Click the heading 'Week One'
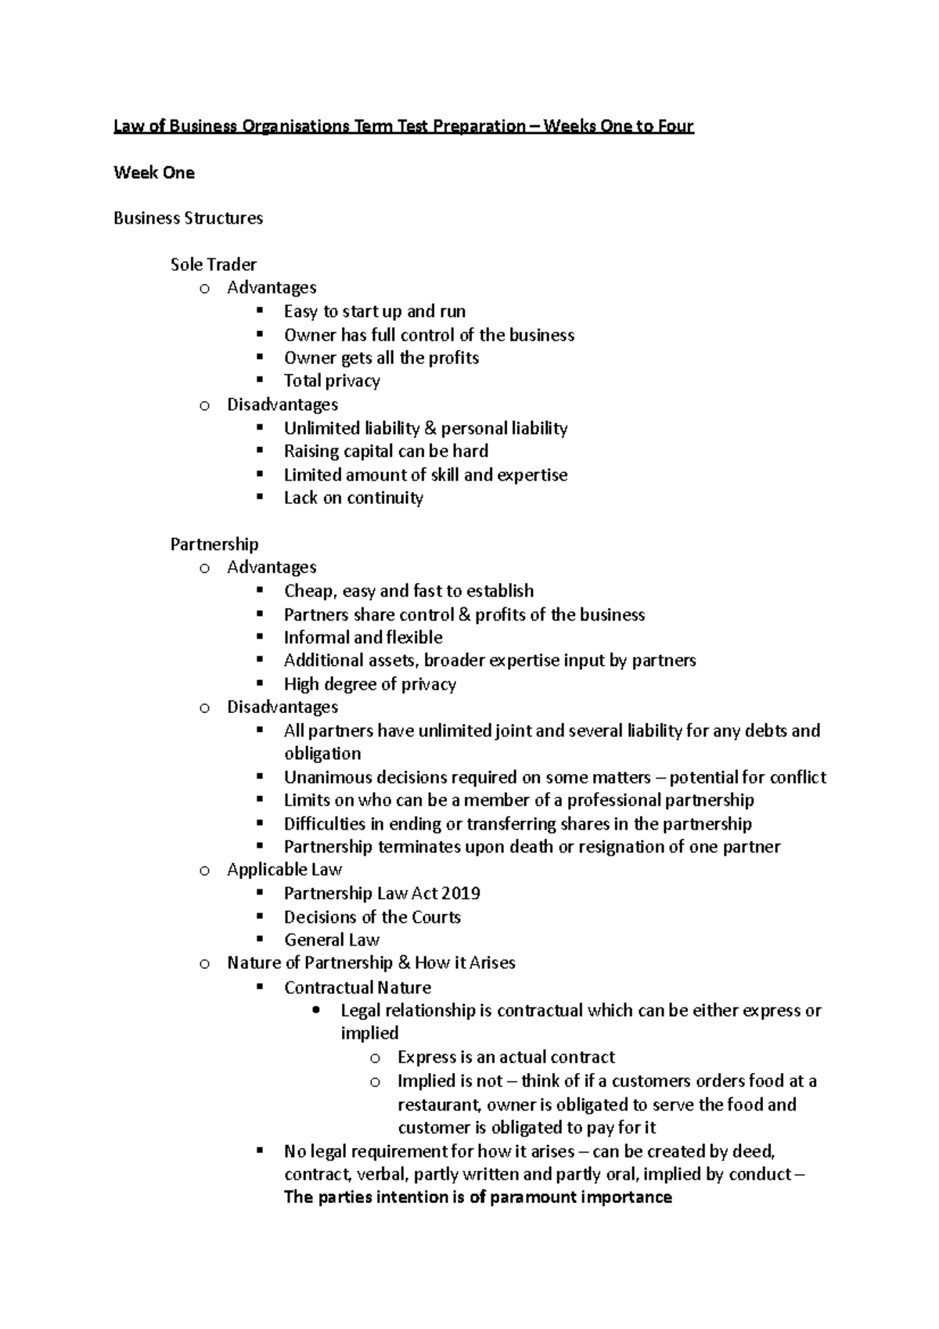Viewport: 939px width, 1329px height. coord(153,173)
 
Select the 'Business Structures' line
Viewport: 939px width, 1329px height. coord(188,218)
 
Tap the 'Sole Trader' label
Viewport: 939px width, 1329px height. coord(213,265)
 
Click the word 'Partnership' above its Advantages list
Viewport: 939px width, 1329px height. coord(214,544)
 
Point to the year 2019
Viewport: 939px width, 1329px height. coord(461,893)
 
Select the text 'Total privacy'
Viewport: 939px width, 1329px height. coord(332,381)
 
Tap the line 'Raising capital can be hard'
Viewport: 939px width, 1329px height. coord(386,451)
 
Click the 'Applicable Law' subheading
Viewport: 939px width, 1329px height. coord(284,870)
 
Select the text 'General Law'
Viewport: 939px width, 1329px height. coord(332,939)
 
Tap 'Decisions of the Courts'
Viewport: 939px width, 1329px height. coord(372,917)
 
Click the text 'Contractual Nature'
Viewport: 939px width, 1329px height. coord(358,987)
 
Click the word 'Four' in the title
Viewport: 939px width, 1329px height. coord(675,126)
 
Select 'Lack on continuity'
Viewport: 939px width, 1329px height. coord(354,498)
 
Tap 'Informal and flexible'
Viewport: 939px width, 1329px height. coord(363,637)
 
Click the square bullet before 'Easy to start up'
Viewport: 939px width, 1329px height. coord(260,312)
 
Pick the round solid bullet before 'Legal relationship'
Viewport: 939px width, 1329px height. coord(316,1010)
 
